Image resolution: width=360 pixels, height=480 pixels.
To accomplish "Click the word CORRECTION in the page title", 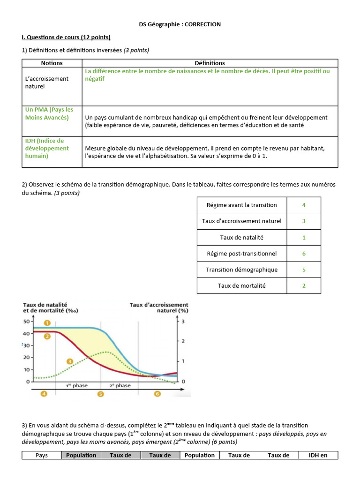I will [x=202, y=24].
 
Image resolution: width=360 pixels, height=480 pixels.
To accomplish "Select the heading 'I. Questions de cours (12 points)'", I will [x=66, y=37].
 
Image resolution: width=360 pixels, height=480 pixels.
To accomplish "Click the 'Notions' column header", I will [x=52, y=63].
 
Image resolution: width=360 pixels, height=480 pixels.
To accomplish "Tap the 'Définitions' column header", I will [x=210, y=63].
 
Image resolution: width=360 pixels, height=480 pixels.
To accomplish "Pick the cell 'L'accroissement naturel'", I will [x=47, y=82].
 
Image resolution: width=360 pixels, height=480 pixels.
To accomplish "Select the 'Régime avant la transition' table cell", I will [x=241, y=205].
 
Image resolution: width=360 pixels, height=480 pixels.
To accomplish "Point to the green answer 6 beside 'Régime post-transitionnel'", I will [x=304, y=254].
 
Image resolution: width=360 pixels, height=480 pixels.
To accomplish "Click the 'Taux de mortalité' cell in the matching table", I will [x=241, y=285].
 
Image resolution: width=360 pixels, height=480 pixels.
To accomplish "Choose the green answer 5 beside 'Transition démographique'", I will [x=304, y=270].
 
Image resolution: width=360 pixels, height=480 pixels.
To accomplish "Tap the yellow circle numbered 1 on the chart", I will [x=47, y=323].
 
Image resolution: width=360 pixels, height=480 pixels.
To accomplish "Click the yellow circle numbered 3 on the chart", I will [x=70, y=361].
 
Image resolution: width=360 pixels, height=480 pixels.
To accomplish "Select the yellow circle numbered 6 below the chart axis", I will [x=157, y=394].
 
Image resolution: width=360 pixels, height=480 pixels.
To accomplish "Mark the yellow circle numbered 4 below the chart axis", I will [x=44, y=394].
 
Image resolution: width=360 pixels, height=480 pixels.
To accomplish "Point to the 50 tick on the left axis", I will [x=27, y=322].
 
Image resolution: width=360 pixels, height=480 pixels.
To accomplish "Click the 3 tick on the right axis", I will [x=183, y=322].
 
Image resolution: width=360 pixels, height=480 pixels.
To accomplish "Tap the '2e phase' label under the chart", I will [x=120, y=385].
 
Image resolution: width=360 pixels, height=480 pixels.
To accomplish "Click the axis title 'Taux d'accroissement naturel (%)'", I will [x=159, y=307].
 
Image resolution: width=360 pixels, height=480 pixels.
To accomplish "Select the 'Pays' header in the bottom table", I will [x=42, y=455].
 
